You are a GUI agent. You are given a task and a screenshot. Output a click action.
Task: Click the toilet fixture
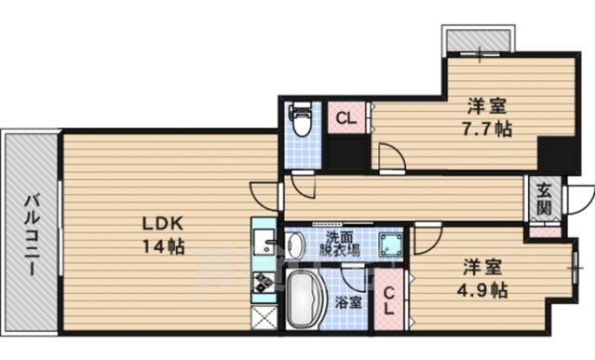click(300, 119)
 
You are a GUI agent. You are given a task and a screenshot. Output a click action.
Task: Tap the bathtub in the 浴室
click(304, 299)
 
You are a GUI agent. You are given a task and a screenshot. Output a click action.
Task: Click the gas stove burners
click(264, 283)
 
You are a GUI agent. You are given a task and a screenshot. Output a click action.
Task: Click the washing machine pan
click(390, 245)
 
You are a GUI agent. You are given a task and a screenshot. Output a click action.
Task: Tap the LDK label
click(163, 224)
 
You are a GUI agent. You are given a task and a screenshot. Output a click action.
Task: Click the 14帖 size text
click(164, 247)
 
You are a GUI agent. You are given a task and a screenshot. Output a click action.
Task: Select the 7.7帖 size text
click(486, 129)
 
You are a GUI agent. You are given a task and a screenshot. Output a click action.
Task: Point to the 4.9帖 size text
click(482, 290)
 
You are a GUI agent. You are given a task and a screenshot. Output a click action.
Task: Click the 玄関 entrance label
click(544, 198)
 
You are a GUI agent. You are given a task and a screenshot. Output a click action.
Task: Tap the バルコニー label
click(32, 234)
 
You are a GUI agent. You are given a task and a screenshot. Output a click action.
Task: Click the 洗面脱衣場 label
click(339, 244)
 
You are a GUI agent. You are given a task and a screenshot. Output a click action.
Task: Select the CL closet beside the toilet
click(347, 118)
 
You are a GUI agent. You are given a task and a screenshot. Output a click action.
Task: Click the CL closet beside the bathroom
click(389, 300)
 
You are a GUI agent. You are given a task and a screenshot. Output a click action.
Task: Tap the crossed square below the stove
click(264, 318)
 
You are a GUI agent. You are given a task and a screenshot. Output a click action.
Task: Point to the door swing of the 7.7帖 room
click(392, 156)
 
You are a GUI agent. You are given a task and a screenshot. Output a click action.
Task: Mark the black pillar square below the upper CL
click(347, 153)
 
